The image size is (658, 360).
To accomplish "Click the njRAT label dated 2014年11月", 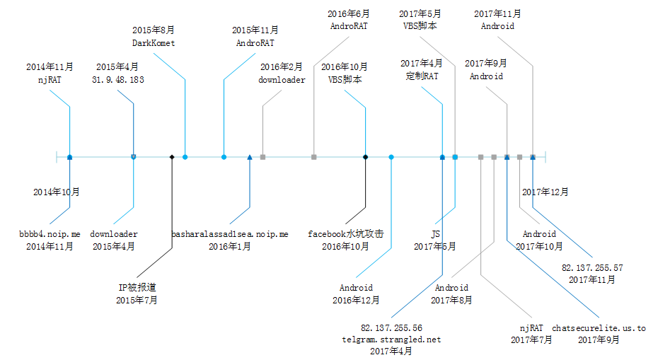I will pyautogui.click(x=50, y=79).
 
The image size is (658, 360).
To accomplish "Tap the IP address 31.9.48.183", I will pyautogui.click(x=118, y=79).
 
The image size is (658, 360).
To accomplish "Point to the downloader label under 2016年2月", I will pyautogui.click(x=282, y=79).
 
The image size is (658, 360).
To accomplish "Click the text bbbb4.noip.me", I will pyautogui.click(x=50, y=233).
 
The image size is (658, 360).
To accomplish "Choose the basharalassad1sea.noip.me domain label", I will pyautogui.click(x=230, y=233).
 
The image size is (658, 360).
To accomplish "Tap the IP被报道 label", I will pyautogui.click(x=137, y=288).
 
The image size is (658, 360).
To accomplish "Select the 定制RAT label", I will pyautogui.click(x=422, y=76).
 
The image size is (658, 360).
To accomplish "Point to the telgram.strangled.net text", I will pyautogui.click(x=391, y=339).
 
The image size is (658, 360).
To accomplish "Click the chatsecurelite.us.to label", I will pyautogui.click(x=599, y=328).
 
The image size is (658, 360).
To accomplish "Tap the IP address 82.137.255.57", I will pyautogui.click(x=592, y=267).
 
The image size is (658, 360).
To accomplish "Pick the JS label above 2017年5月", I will pyautogui.click(x=435, y=233).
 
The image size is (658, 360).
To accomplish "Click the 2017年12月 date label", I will pyautogui.click(x=545, y=192).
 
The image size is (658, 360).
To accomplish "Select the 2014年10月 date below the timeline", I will pyautogui.click(x=57, y=192).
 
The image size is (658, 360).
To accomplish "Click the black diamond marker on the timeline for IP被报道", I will pyautogui.click(x=172, y=156).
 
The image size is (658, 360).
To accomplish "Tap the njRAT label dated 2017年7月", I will pyautogui.click(x=531, y=328).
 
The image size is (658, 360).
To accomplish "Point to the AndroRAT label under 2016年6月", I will pyautogui.click(x=350, y=25).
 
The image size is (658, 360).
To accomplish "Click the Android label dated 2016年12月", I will pyautogui.click(x=356, y=288).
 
